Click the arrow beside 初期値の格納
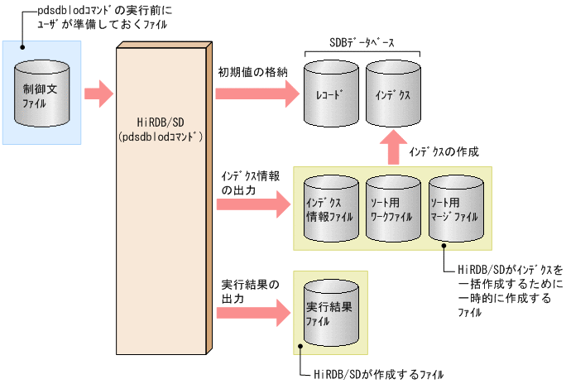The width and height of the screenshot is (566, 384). [x=256, y=94]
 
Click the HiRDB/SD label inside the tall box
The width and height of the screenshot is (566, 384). [x=161, y=122]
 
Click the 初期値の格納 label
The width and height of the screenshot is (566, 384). [x=252, y=72]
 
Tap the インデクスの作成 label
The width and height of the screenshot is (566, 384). [x=444, y=152]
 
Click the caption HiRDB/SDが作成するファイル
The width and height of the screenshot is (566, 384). [x=380, y=373]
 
